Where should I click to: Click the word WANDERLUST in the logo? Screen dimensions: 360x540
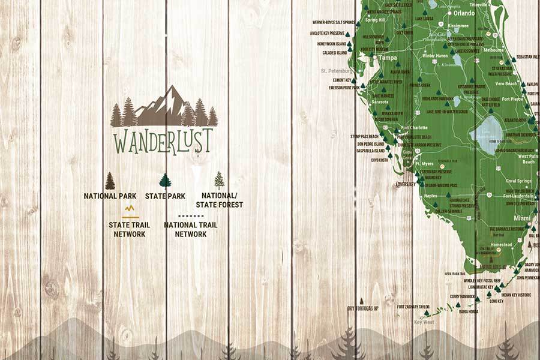163,141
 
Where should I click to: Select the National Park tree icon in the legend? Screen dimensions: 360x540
110,181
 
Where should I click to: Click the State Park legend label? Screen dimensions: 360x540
165,196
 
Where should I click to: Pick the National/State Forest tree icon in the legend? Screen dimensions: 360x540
220,180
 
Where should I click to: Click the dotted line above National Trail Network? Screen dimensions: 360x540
191,215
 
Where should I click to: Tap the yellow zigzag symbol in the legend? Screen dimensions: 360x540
130,209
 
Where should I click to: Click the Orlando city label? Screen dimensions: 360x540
464,13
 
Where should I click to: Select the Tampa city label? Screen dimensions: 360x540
388,58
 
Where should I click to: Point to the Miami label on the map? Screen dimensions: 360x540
521,218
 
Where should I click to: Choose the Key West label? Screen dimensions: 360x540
424,322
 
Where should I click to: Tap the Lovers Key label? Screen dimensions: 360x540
406,184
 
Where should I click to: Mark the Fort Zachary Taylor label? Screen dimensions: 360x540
413,307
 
